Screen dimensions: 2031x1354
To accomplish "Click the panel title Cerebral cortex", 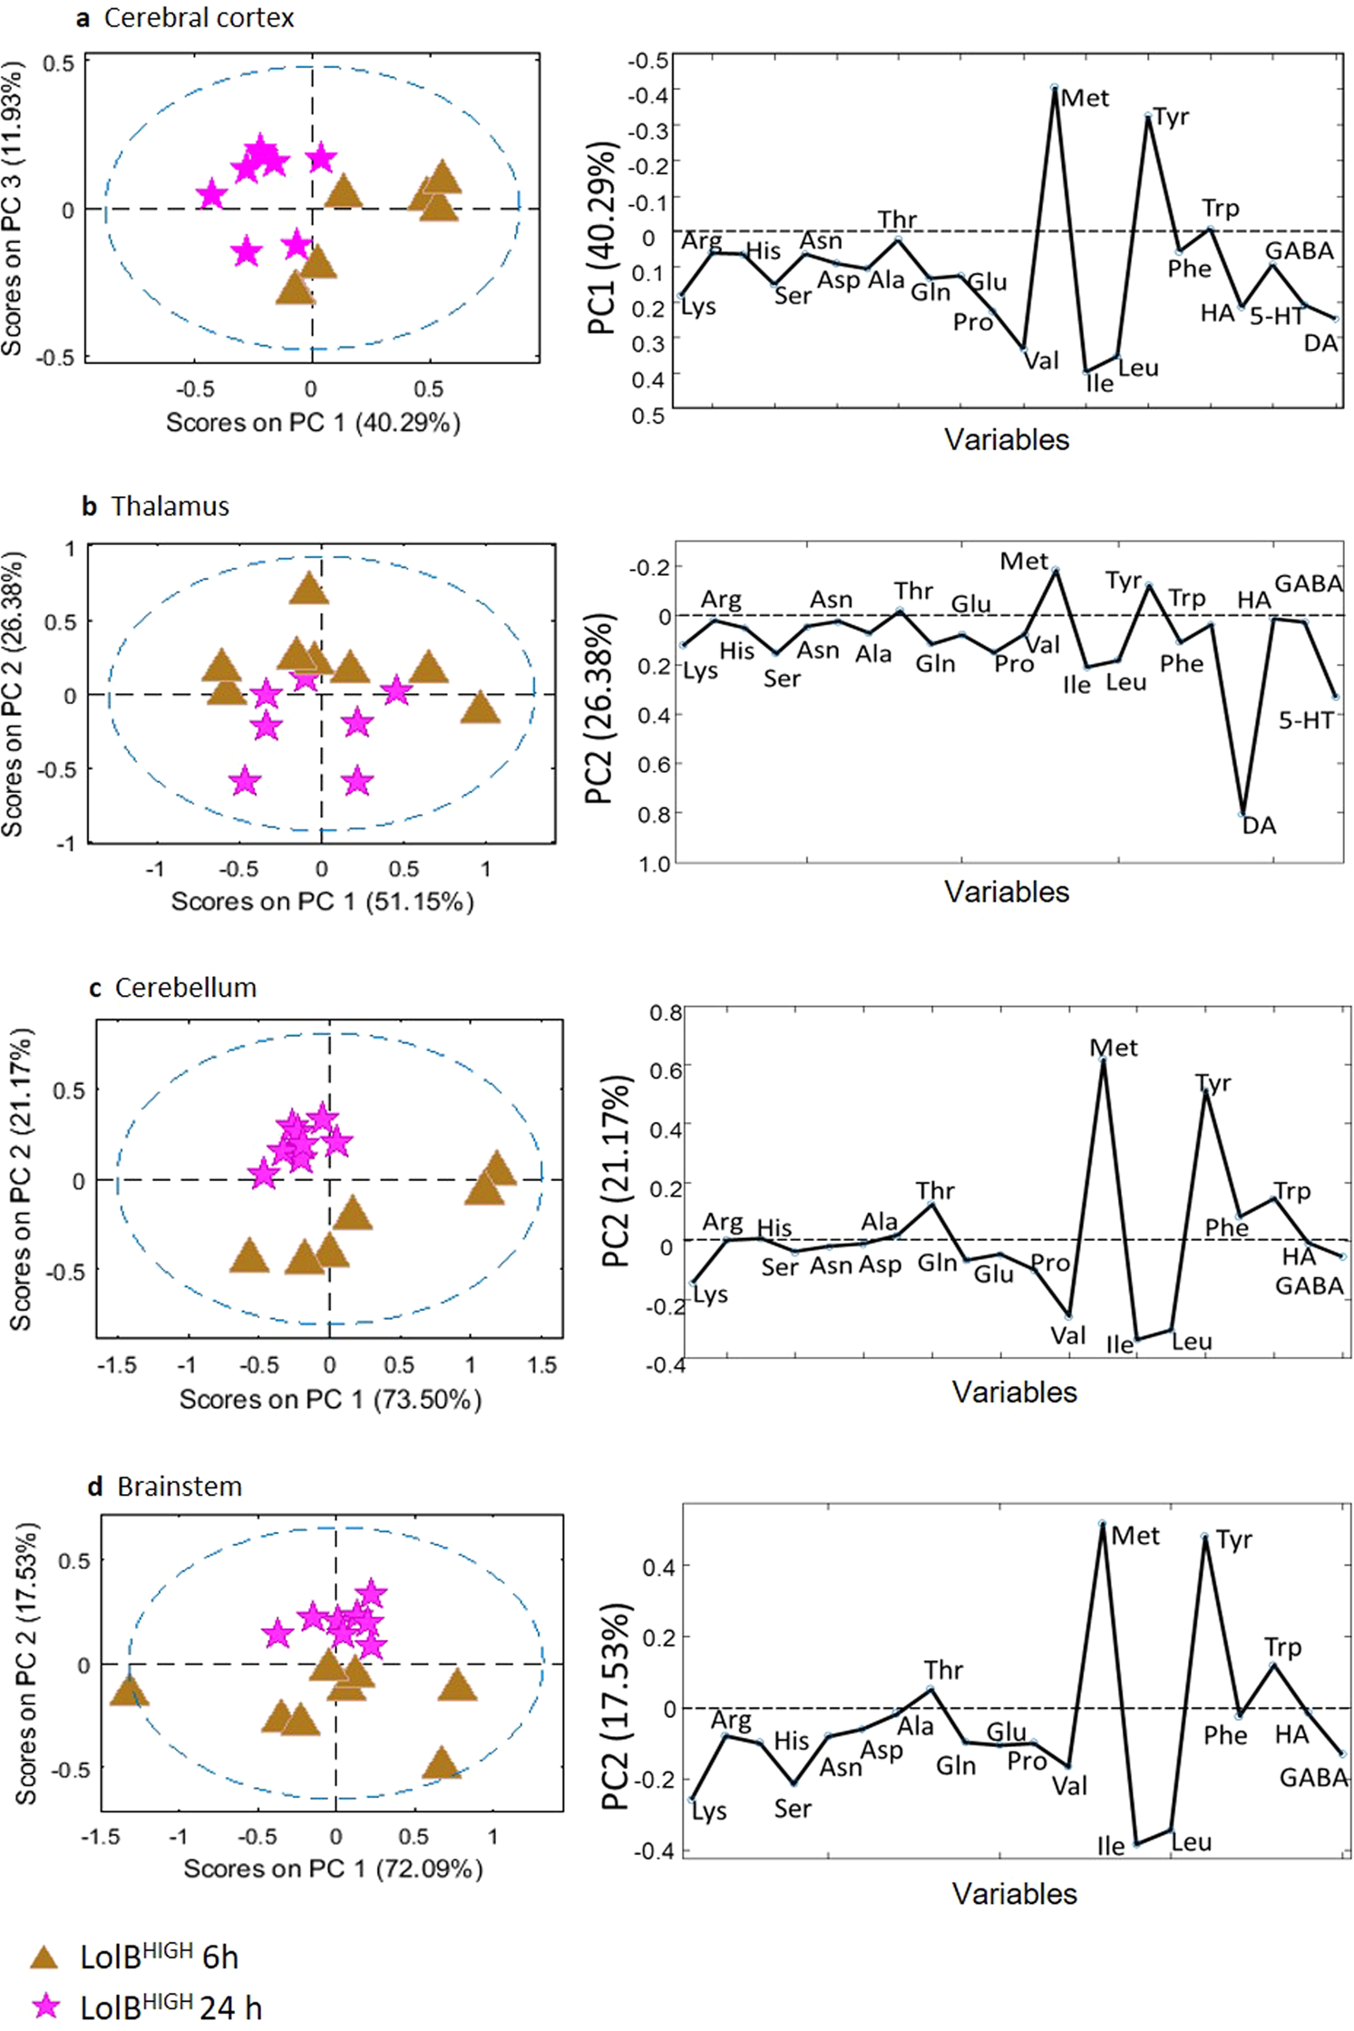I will [199, 17].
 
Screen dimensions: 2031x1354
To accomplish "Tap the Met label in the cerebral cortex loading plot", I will [1085, 98].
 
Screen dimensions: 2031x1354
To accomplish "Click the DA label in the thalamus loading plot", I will [1259, 825].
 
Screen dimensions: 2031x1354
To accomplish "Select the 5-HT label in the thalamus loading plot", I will [1306, 721].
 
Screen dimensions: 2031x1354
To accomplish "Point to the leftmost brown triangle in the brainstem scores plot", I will [129, 1691].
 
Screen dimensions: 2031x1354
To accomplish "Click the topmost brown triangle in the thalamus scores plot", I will [309, 590].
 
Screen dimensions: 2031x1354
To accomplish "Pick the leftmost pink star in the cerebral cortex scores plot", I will [211, 194].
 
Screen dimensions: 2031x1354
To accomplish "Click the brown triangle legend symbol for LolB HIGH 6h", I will [44, 1957].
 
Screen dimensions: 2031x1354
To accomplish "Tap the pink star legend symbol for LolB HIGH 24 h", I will [44, 2006].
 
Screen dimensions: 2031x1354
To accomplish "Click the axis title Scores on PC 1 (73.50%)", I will [330, 1399].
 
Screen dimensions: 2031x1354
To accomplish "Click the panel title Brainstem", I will [180, 1486].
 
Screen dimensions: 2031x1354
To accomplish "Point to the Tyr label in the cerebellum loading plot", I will [1213, 1083].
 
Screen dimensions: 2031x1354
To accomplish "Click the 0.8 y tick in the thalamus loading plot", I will [654, 814].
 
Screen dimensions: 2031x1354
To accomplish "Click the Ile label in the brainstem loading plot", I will [1111, 1846].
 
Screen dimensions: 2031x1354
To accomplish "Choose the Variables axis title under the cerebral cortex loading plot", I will [1007, 440].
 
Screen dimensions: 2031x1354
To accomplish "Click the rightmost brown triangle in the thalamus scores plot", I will [480, 708].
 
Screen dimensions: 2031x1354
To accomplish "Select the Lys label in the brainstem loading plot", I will [708, 1811].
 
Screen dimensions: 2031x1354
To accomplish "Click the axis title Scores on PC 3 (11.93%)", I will [12, 209].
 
